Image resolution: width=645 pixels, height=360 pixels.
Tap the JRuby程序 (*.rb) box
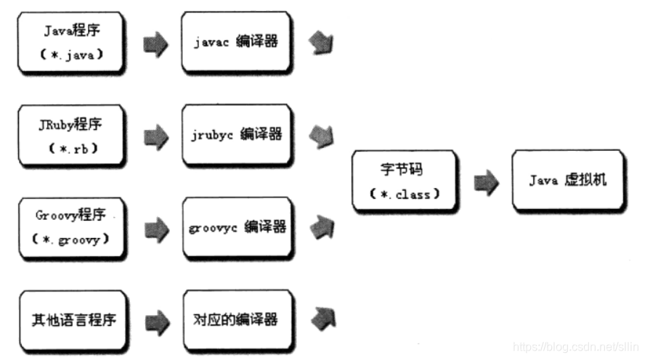point(70,135)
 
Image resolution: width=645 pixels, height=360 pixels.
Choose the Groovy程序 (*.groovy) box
point(70,226)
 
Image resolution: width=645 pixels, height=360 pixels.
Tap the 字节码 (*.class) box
point(405,181)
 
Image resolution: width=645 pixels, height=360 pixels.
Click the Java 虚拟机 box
point(567,180)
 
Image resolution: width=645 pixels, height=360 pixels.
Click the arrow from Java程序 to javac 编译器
point(155,44)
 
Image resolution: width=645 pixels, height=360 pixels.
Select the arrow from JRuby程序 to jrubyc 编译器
point(155,136)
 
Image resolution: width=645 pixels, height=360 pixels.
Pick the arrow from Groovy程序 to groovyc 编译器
point(155,229)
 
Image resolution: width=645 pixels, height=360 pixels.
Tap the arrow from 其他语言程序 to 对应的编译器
point(155,320)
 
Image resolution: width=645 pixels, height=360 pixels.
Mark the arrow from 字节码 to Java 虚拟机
point(486,181)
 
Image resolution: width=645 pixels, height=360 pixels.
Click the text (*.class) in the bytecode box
point(405,194)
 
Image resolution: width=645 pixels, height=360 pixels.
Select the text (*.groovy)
point(70,239)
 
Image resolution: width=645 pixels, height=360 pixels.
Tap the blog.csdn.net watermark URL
point(574,347)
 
